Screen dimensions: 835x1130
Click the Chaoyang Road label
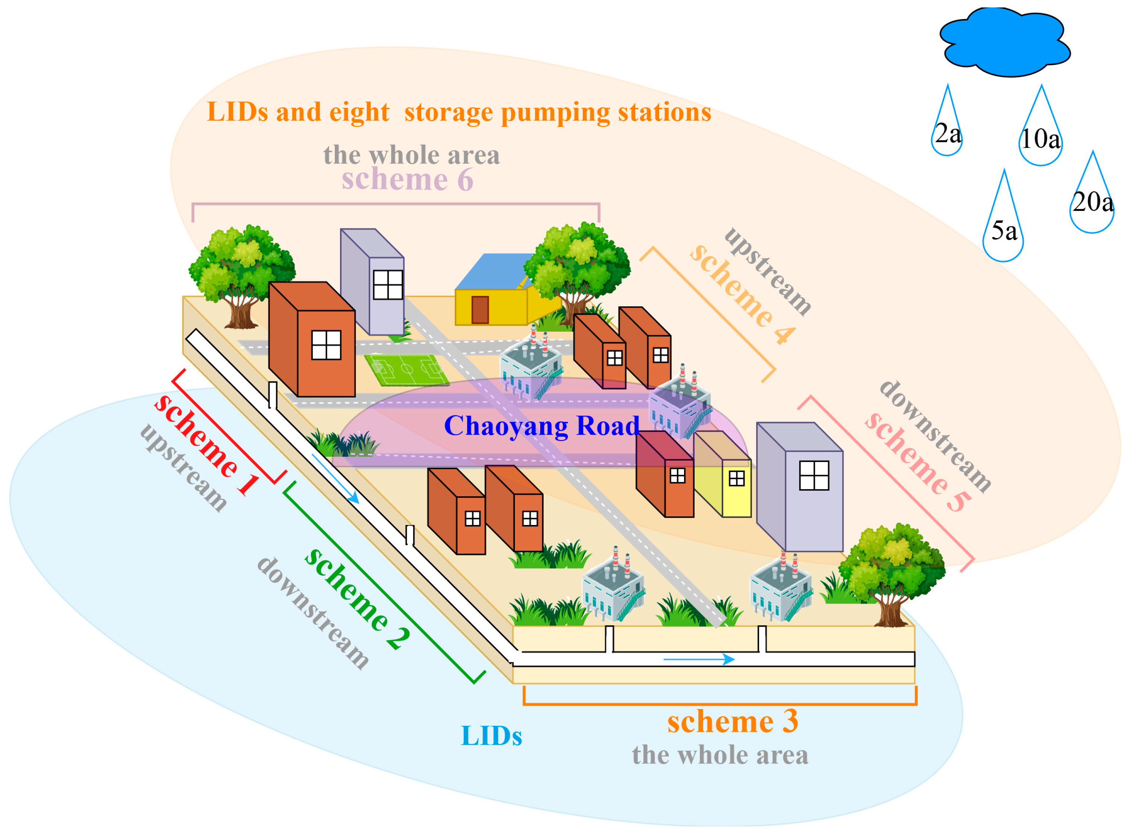point(541,426)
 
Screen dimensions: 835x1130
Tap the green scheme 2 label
point(357,599)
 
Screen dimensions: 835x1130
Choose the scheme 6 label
point(407,180)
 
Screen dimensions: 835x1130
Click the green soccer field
point(407,370)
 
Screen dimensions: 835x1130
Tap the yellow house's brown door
point(479,309)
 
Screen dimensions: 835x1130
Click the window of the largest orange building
point(326,345)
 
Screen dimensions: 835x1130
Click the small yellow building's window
point(736,478)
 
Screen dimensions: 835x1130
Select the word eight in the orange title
point(359,112)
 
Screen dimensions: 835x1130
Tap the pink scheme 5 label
point(917,462)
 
